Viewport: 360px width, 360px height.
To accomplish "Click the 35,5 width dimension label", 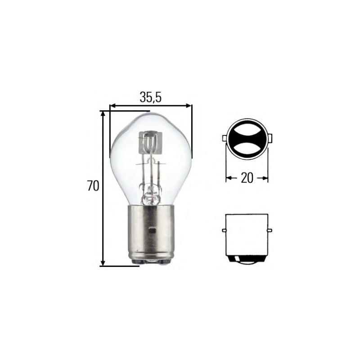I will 150,97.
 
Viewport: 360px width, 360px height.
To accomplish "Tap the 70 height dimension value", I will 93,186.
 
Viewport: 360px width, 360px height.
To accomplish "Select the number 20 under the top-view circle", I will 247,178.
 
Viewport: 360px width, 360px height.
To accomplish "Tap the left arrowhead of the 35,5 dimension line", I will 113,106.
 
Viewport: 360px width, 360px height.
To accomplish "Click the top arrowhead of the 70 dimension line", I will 103,114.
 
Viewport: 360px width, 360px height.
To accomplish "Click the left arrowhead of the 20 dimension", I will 228,178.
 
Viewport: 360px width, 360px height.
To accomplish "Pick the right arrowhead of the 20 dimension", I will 265,178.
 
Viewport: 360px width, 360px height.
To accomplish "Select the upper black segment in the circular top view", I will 247,128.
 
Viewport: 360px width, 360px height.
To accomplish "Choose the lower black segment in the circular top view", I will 247,150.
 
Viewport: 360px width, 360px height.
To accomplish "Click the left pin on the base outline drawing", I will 224,230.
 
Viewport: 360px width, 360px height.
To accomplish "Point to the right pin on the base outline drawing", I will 270,230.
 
